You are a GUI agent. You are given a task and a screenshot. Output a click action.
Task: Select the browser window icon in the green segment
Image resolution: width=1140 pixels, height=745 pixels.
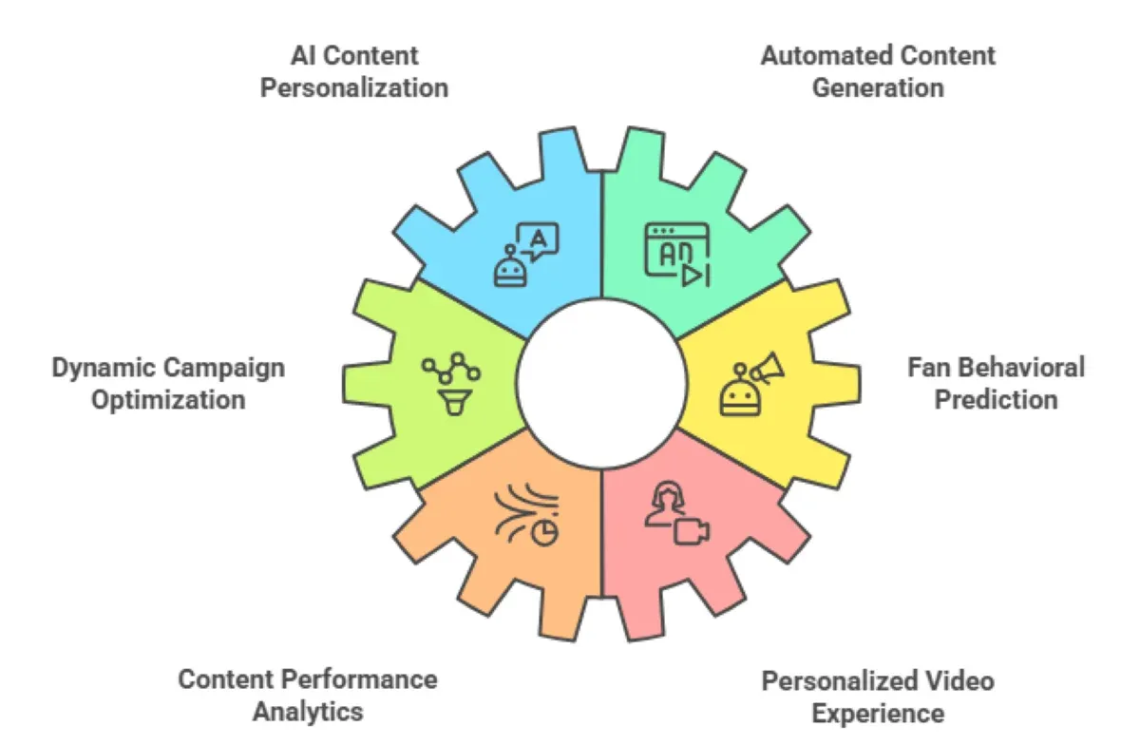coord(677,254)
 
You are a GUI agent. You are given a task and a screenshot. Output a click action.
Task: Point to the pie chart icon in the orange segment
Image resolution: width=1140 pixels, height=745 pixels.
coord(544,534)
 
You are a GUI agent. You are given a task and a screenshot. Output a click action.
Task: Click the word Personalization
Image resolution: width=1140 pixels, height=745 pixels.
coord(354,88)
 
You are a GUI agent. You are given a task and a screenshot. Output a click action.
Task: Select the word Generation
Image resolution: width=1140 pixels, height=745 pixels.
coord(878,88)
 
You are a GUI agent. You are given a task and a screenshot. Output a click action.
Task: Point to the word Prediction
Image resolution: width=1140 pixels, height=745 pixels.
coord(996,399)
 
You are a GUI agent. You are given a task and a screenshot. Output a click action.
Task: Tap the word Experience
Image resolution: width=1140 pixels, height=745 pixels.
coord(878,714)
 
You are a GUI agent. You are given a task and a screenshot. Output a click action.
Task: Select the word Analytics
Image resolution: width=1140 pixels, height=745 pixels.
coord(308,712)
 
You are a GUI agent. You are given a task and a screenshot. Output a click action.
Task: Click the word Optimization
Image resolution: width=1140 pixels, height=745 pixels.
coord(168,399)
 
